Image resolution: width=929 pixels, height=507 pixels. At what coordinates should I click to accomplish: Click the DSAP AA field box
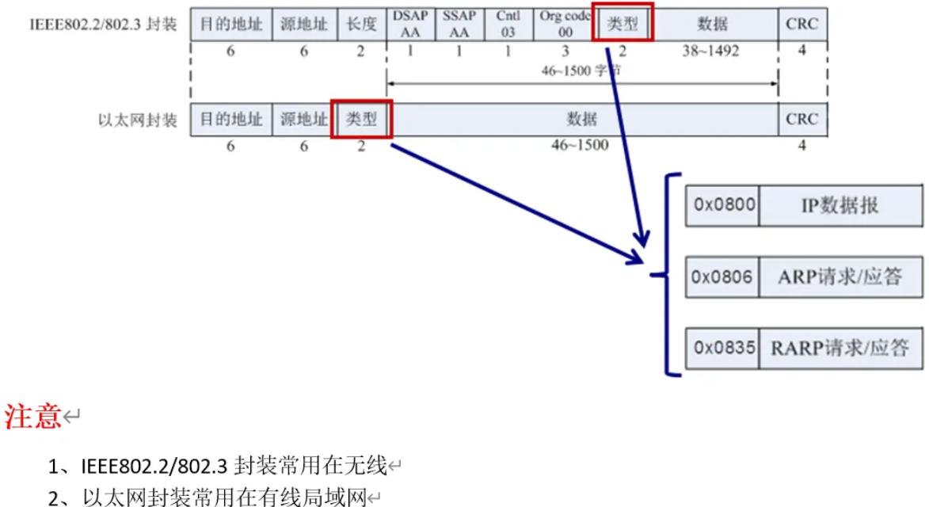click(x=410, y=24)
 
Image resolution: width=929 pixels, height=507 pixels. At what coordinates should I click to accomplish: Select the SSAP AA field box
click(x=459, y=24)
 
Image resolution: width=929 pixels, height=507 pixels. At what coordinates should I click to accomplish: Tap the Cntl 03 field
click(x=508, y=24)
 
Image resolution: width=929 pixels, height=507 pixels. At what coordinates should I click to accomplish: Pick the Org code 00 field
click(x=565, y=24)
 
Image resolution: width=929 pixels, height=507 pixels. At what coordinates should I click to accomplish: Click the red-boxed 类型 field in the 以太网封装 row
click(x=361, y=120)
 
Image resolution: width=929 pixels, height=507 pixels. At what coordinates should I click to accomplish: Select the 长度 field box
click(x=361, y=24)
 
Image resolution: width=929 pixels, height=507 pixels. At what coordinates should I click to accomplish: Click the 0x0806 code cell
click(x=722, y=276)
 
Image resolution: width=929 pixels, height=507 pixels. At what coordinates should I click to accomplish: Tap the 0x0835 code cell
click(x=722, y=347)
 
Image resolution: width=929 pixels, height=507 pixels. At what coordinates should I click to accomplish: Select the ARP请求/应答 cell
click(x=840, y=276)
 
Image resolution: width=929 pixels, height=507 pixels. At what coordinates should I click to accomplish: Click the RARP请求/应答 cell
click(x=840, y=347)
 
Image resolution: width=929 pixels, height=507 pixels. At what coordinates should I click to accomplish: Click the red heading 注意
click(x=33, y=415)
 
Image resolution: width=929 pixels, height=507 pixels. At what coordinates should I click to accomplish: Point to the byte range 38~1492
click(x=710, y=51)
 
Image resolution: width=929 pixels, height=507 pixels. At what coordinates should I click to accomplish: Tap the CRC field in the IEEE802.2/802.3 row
click(x=801, y=24)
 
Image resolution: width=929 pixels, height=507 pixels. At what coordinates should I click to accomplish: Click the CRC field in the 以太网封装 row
click(x=801, y=120)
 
